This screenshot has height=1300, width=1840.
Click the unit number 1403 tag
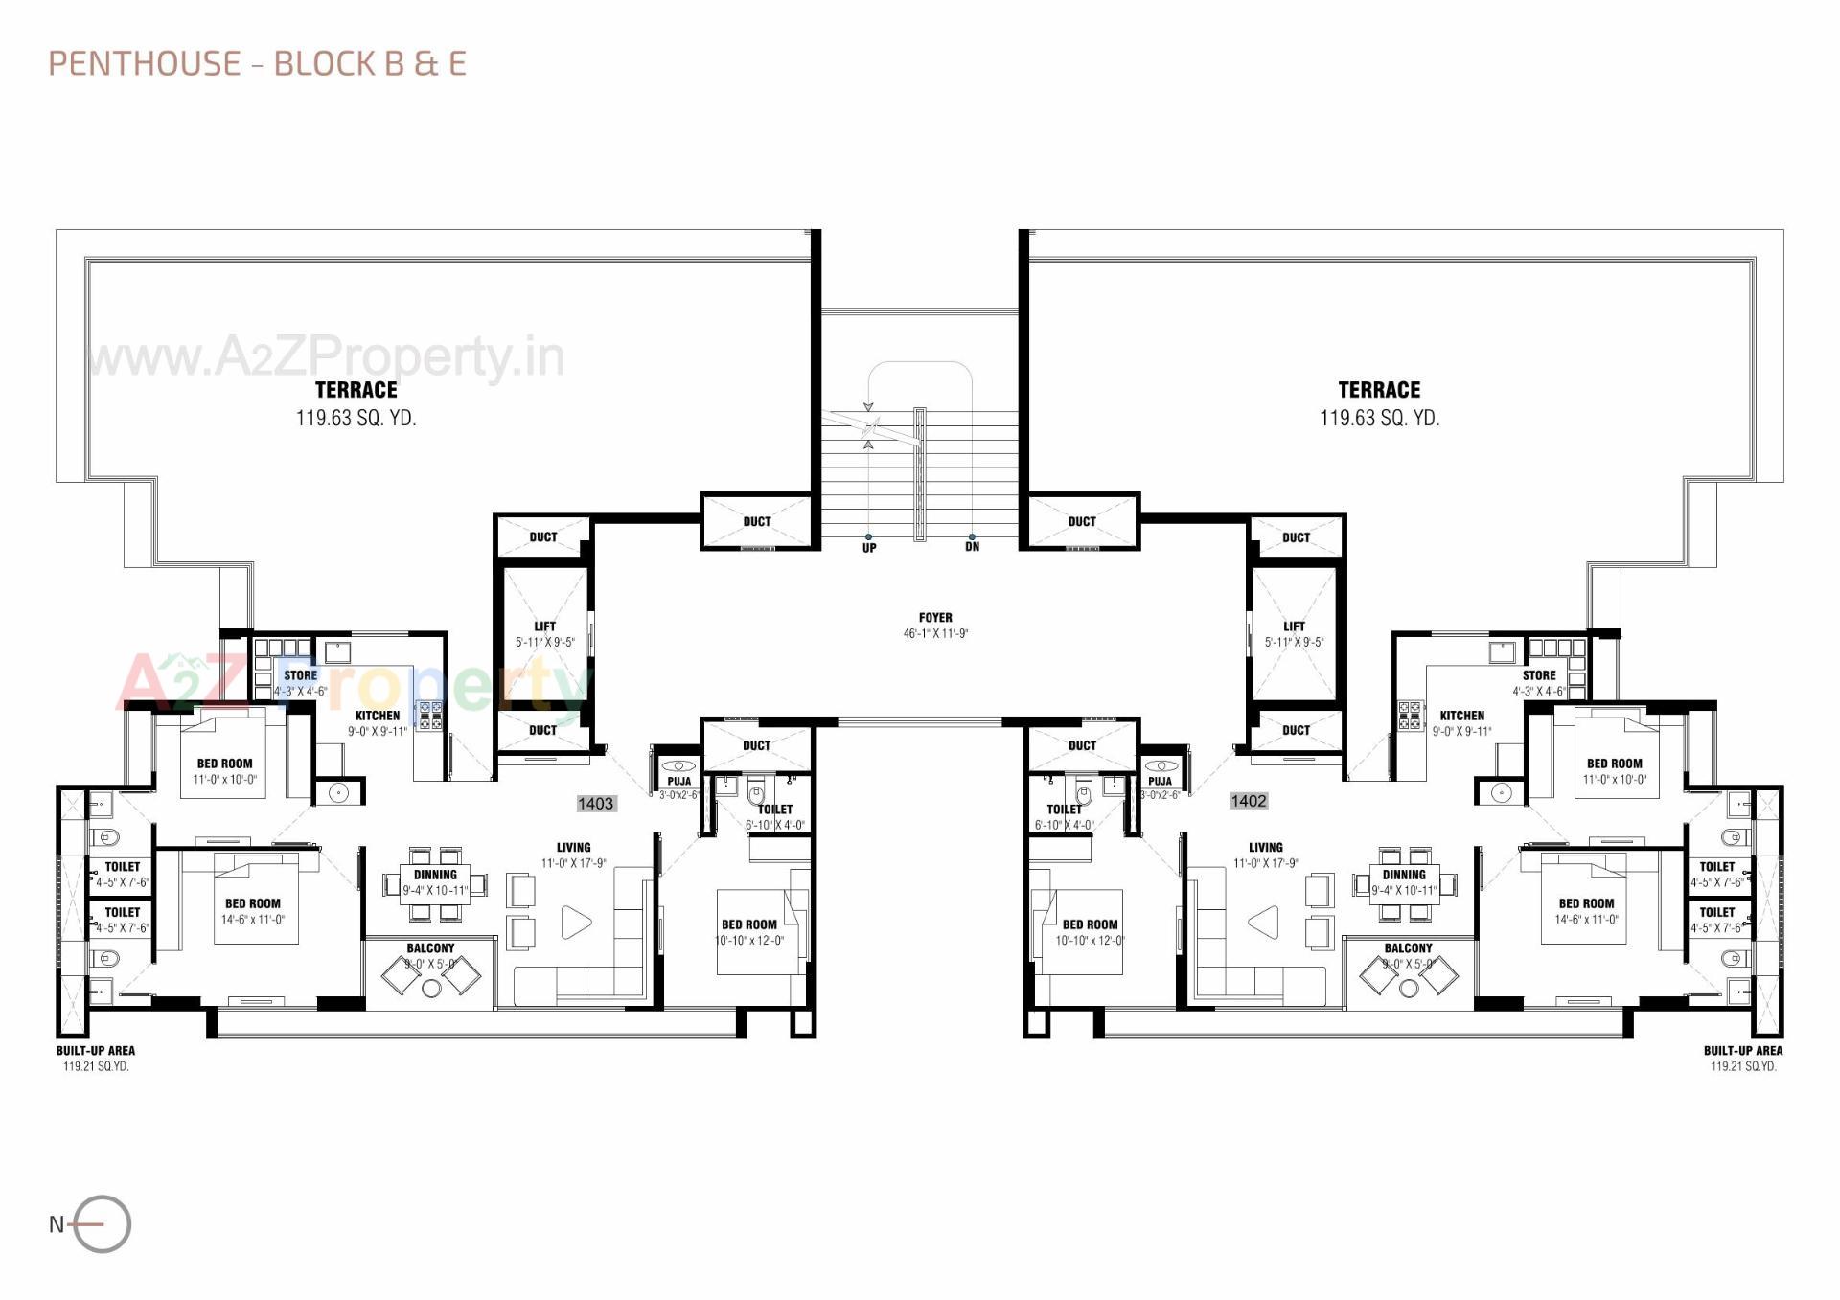[x=595, y=804]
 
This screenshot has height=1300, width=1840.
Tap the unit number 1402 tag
[x=1248, y=801]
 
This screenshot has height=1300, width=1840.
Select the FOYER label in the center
[x=935, y=618]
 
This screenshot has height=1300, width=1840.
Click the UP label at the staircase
[x=868, y=548]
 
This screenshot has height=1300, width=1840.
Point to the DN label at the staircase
[x=972, y=547]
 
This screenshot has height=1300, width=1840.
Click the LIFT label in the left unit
[x=544, y=627]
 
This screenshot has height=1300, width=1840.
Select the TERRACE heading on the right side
[x=1379, y=390]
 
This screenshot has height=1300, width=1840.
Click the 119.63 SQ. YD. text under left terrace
[x=356, y=419]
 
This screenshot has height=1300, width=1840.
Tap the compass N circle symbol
[x=102, y=1224]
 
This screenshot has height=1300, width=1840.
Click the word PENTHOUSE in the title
[x=145, y=64]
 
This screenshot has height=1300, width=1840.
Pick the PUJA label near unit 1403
[x=678, y=782]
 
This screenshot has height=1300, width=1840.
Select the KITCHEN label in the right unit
[x=1461, y=716]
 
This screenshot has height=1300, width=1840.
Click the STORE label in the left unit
[x=300, y=675]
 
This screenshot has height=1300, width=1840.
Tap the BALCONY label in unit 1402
[x=1408, y=948]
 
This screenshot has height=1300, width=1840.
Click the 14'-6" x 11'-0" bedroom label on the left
[x=253, y=920]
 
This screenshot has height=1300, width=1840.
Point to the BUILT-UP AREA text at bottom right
[x=1742, y=1051]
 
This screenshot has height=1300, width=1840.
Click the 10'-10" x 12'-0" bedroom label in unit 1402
[x=1090, y=941]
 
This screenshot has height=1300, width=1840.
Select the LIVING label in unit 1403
[x=573, y=848]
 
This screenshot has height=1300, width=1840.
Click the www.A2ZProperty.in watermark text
[x=326, y=357]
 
